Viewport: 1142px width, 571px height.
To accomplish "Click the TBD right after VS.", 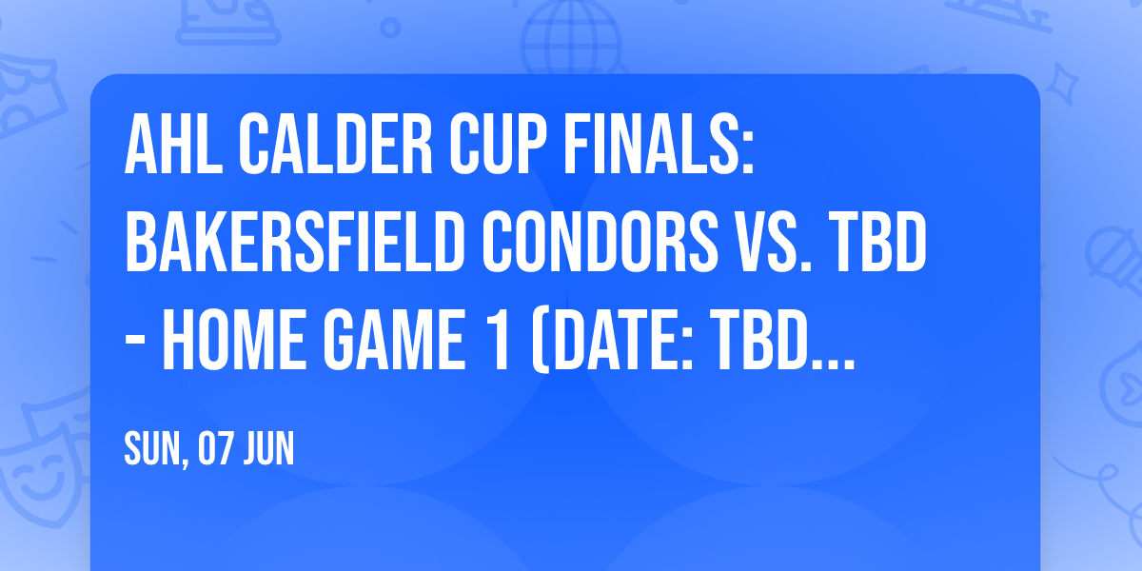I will (x=876, y=246).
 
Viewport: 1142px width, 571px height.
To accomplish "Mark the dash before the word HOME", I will (x=138, y=345).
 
